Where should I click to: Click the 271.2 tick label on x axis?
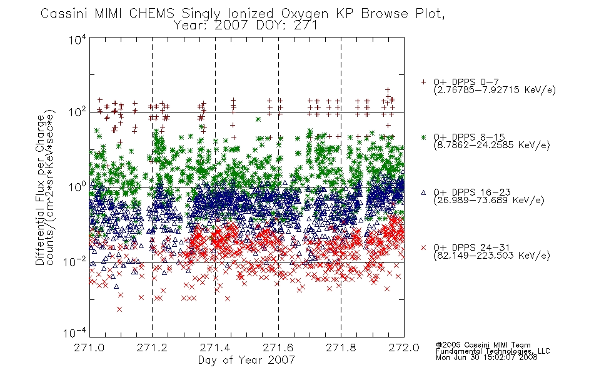[152, 347]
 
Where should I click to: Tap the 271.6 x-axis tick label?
[278, 347]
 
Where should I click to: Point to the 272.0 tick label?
[404, 347]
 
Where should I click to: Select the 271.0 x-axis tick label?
[89, 347]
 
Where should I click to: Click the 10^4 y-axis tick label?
[78, 39]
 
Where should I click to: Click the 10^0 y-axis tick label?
[78, 187]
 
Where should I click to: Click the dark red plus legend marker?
[423, 82]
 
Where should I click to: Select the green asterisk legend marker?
[423, 137]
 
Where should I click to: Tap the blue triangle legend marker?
[423, 192]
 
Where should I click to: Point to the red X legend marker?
[423, 247]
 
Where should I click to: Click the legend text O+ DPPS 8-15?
[469, 137]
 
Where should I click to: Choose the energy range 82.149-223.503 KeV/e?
[491, 256]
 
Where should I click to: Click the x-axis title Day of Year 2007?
[246, 360]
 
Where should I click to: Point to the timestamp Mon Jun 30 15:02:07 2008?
[486, 357]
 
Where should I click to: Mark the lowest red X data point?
[119, 309]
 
